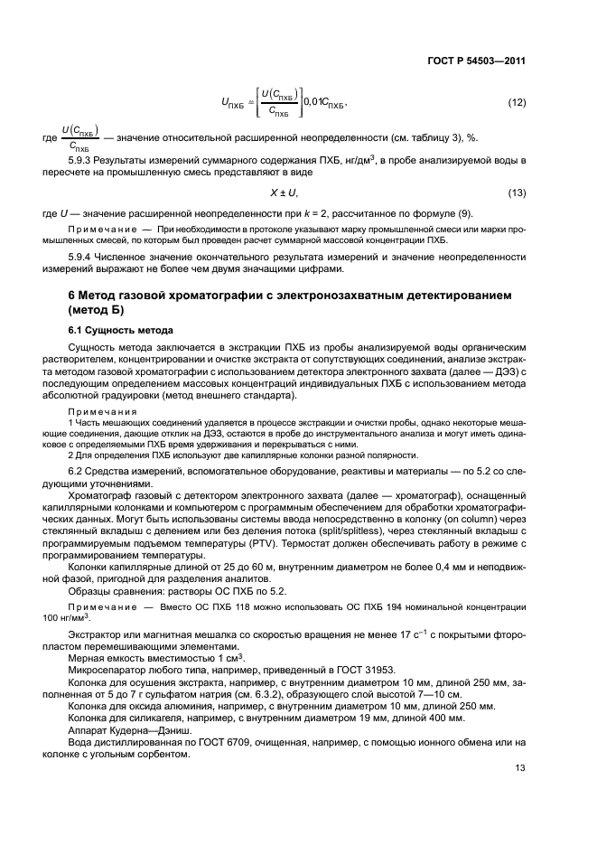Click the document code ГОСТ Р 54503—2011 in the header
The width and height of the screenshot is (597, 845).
[x=477, y=61]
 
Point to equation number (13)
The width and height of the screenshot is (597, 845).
[x=516, y=193]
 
